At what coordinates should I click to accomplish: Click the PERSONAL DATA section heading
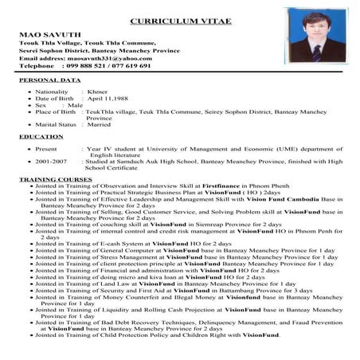tap(49, 81)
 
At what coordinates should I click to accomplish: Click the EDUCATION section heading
tap(41, 137)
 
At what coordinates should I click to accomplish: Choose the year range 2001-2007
tap(49, 160)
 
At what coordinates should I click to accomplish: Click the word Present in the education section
tap(46, 148)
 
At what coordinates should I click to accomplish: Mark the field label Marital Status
tap(56, 124)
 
